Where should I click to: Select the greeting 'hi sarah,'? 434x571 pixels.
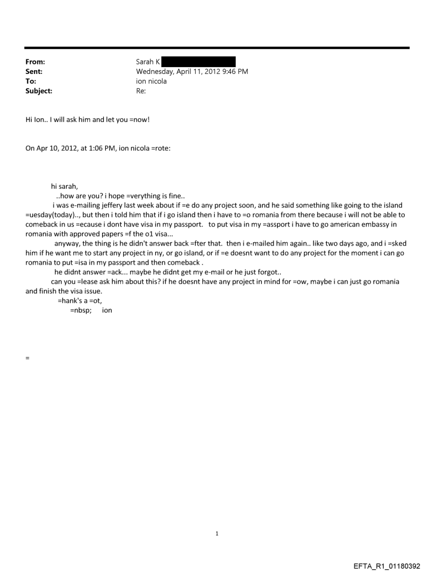[x=64, y=187]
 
